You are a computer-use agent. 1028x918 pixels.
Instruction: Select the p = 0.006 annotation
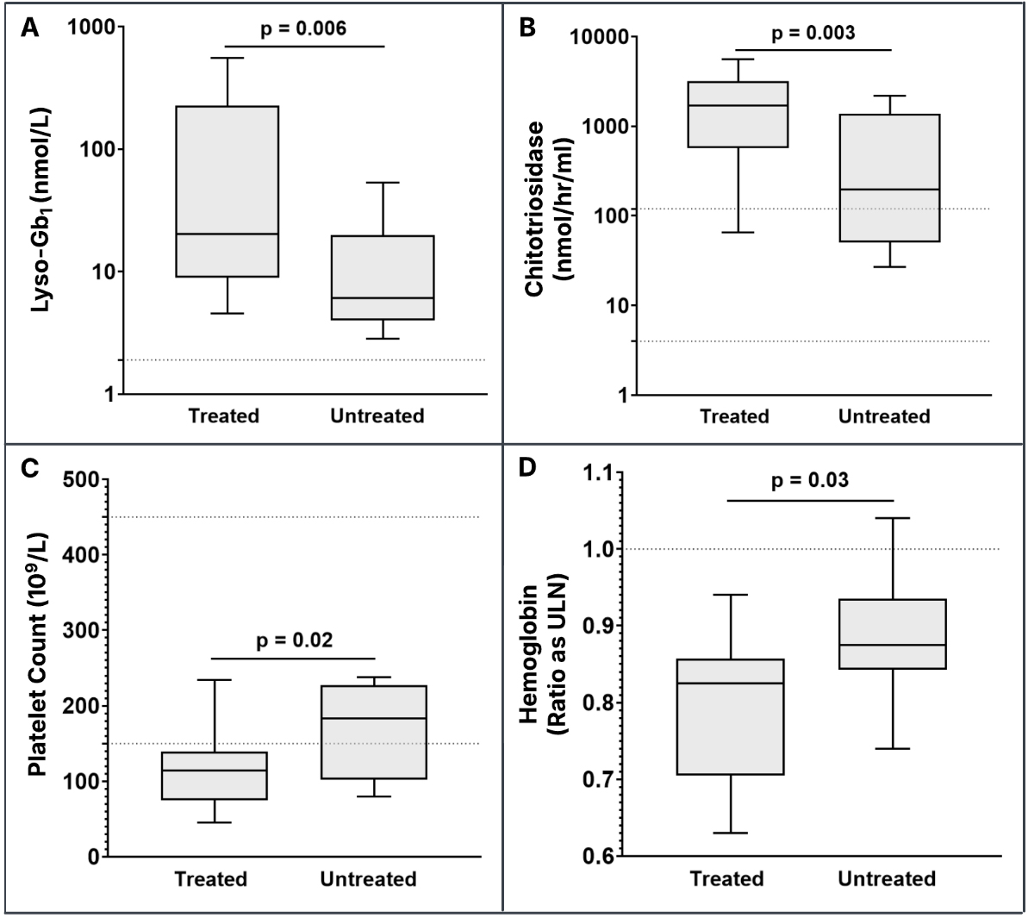[x=303, y=28]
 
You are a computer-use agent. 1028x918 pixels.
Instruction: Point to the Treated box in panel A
[x=228, y=191]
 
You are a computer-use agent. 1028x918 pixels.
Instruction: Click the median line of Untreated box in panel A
[x=383, y=298]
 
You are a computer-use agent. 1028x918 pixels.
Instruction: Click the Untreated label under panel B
[x=884, y=417]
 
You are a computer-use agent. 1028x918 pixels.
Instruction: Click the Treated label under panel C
[x=210, y=879]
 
